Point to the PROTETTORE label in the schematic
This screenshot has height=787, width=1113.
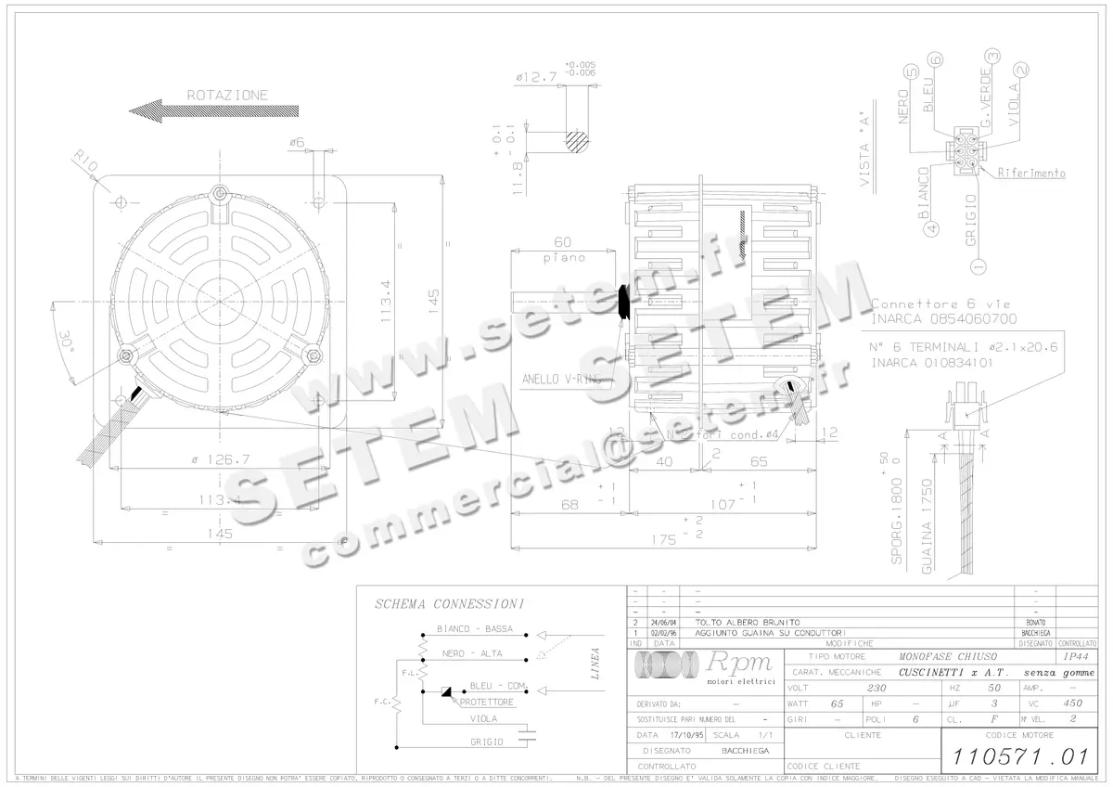487,703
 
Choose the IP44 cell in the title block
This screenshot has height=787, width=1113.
1071,656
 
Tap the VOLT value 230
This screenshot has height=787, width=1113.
876,688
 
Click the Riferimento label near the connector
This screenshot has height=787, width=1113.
1031,174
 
